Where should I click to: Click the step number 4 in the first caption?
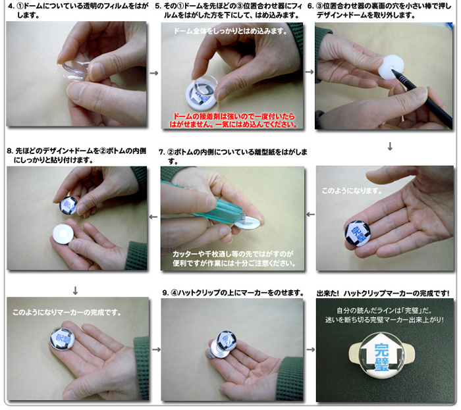pyautogui.click(x=11, y=6)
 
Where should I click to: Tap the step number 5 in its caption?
pyautogui.click(x=158, y=6)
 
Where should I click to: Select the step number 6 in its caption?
pyautogui.click(x=310, y=6)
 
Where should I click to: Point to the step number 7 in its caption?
pyautogui.click(x=162, y=152)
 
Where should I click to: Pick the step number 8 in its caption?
pyautogui.click(x=10, y=151)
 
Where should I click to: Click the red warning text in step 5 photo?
pyautogui.click(x=233, y=120)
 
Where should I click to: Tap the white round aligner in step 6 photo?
pyautogui.click(x=391, y=66)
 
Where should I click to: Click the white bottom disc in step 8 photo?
pyautogui.click(x=63, y=234)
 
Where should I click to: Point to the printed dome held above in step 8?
pyautogui.click(x=68, y=205)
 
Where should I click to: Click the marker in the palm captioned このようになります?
pyautogui.click(x=358, y=233)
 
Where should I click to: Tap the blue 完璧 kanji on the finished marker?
pyautogui.click(x=382, y=356)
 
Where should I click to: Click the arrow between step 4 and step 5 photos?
pyautogui.click(x=154, y=73)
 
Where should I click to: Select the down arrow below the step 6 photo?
pyautogui.click(x=390, y=146)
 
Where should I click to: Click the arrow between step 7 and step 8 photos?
pyautogui.click(x=153, y=217)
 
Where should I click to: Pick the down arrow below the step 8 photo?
pyautogui.click(x=75, y=291)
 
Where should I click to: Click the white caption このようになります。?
pyautogui.click(x=352, y=191)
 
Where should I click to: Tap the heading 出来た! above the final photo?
pyautogui.click(x=328, y=294)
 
